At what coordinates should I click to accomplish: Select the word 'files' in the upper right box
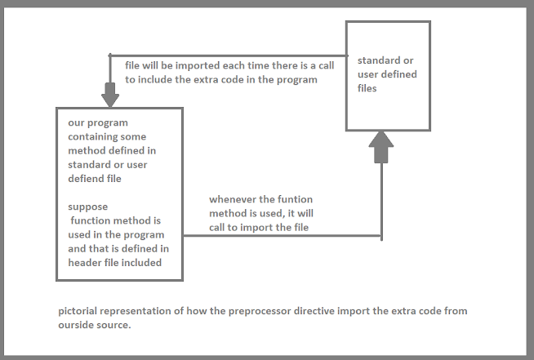[367, 88]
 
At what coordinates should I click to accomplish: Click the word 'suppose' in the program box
[88, 207]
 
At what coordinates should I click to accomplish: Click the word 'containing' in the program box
[94, 137]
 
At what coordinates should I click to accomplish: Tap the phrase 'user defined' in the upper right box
[387, 74]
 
